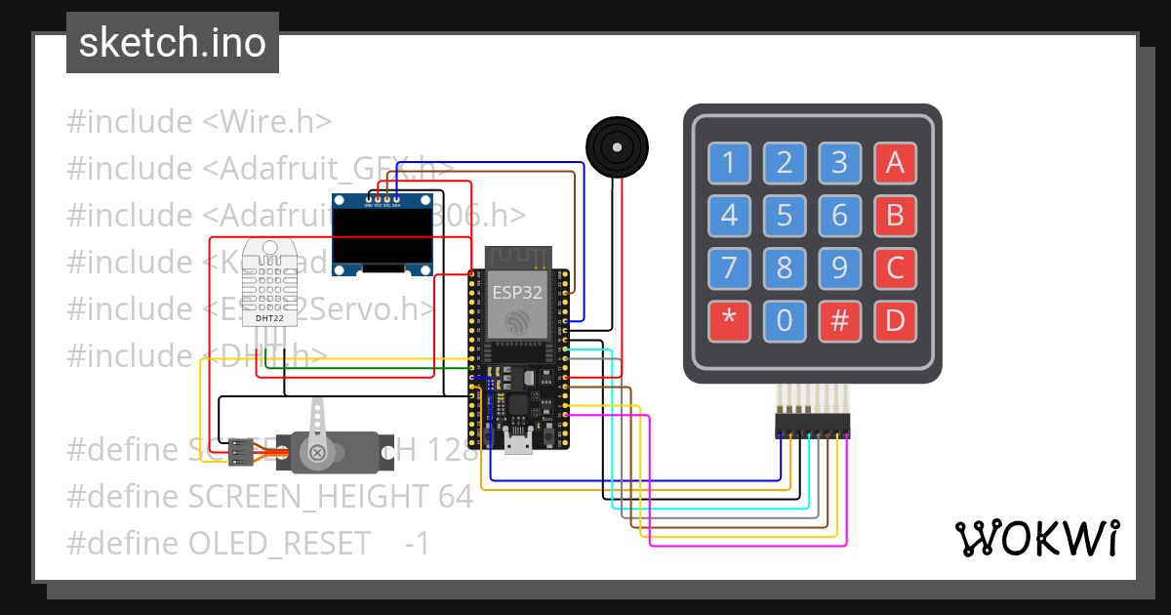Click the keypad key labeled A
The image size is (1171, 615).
coord(895,164)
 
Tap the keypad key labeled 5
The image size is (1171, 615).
coord(785,216)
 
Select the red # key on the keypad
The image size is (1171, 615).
coord(839,320)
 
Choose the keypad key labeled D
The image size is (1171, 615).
coord(895,320)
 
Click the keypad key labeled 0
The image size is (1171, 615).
coord(785,320)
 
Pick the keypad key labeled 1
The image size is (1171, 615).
coord(729,164)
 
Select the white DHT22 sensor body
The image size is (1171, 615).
coord(270,283)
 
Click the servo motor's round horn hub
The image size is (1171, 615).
coord(317,451)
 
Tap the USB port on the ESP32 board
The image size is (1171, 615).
coord(517,446)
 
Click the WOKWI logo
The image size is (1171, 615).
coord(1036,538)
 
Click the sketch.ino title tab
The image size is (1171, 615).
coord(173,43)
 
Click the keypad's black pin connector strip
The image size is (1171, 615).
coord(812,426)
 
